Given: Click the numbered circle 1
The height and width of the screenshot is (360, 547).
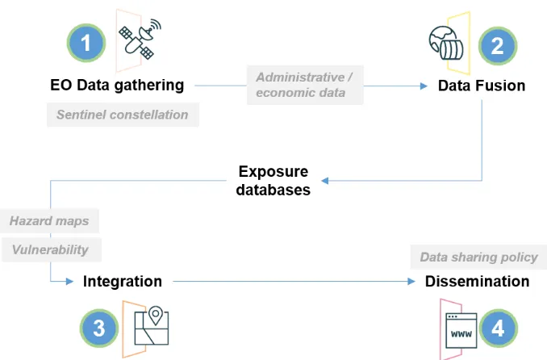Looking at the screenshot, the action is pos(86,43).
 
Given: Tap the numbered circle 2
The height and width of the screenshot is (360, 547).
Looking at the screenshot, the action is pos(498,46).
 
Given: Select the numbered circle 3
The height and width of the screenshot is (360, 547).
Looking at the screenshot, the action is pos(99,329).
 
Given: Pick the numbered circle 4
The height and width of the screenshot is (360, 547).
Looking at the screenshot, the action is pos(498,329).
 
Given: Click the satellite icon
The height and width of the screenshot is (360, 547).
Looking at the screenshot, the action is pos(140,39).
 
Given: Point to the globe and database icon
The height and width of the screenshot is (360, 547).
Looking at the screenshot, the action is pos(446,43).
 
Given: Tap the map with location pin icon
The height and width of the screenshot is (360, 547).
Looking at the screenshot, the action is pos(152,325).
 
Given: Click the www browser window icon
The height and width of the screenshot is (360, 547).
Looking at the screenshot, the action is pos(461,330).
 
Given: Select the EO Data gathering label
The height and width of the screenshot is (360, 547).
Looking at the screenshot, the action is pos(117,86).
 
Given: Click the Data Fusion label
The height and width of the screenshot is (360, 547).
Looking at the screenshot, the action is pos(482,86).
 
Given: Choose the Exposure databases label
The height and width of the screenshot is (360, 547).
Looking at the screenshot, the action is pos(273,181).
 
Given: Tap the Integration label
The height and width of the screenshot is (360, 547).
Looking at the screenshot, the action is pos(123,282).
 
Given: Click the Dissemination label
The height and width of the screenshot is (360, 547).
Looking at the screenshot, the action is pos(478,282).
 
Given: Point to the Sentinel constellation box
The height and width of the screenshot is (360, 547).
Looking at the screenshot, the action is pos(123,115).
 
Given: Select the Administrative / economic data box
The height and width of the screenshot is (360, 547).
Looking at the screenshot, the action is pos(305,85).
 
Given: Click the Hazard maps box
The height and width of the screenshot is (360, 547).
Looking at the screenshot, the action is pos(49,221).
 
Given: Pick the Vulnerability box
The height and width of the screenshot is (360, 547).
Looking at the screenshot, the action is pos(52,250).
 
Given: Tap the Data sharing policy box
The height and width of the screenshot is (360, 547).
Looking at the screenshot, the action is pos(478,257).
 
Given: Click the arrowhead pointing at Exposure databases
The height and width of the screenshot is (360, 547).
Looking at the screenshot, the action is pos(325,181).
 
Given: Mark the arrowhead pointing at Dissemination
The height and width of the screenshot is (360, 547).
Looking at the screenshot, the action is pos(411,282).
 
